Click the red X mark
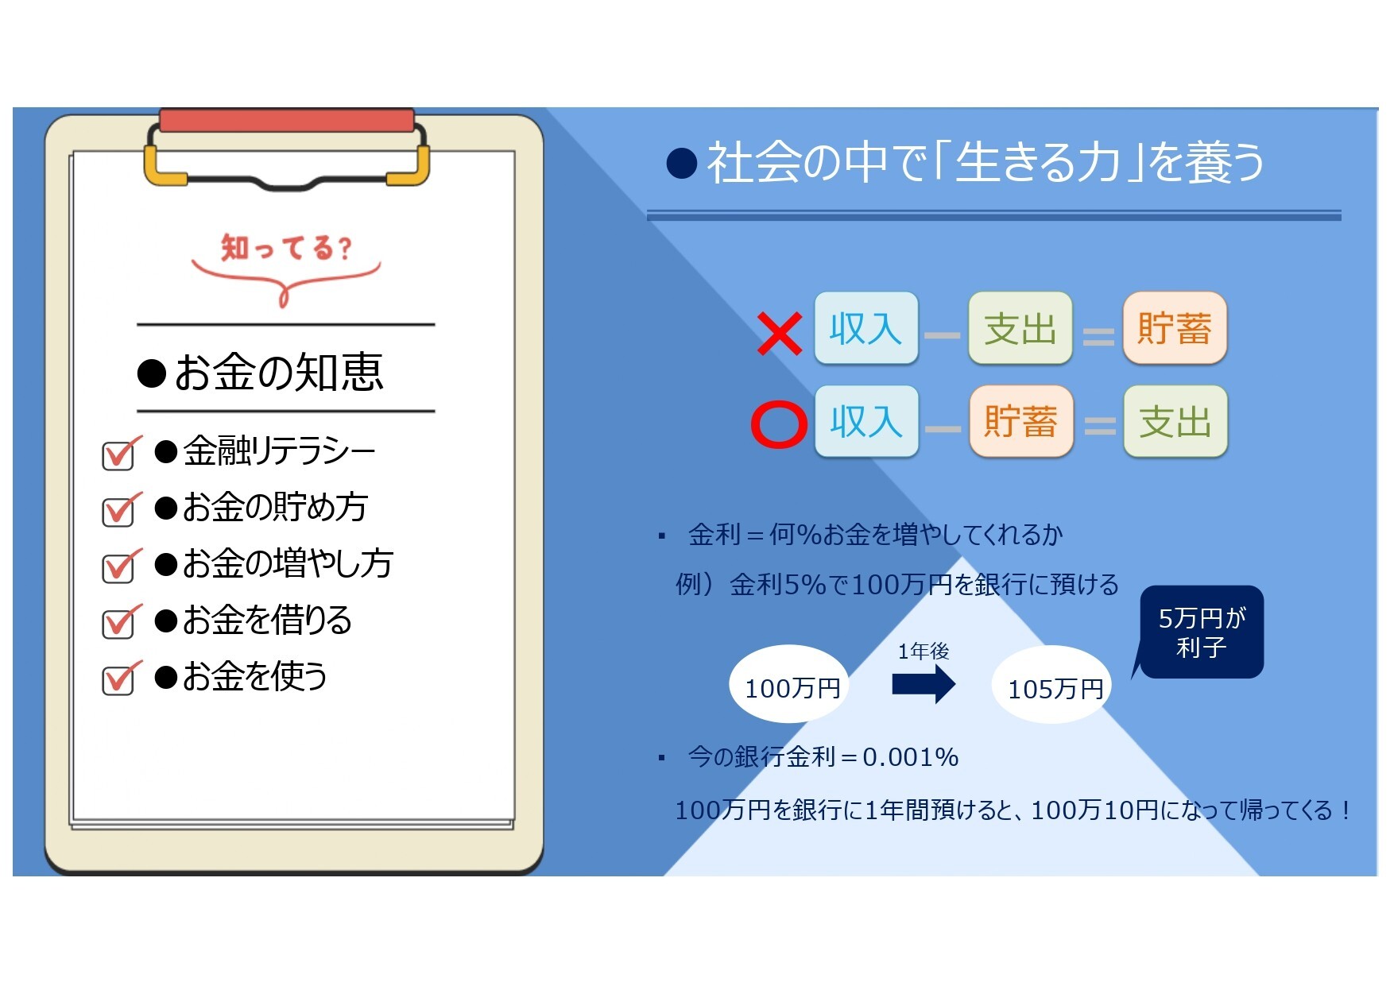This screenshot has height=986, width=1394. pyautogui.click(x=779, y=334)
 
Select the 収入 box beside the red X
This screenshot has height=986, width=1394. pyautogui.click(x=866, y=328)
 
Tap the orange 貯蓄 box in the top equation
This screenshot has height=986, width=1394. pyautogui.click(x=1175, y=328)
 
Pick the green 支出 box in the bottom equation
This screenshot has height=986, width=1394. pyautogui.click(x=1175, y=421)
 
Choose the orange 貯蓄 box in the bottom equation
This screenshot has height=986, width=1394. pyautogui.click(x=1021, y=421)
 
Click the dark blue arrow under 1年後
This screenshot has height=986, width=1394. pyautogui.click(x=924, y=684)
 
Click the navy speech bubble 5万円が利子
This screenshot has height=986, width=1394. pyautogui.click(x=1201, y=632)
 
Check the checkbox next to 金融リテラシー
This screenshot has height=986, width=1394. pyautogui.click(x=119, y=454)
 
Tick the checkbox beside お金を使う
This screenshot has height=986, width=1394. pyautogui.click(x=119, y=679)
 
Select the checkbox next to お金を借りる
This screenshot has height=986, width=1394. pyautogui.click(x=119, y=622)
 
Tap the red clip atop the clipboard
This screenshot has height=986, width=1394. pyautogui.click(x=287, y=121)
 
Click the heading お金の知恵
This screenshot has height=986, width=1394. pyautogui.click(x=261, y=372)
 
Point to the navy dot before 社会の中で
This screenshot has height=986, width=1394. pyautogui.click(x=682, y=163)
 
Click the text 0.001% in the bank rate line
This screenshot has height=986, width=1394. pyautogui.click(x=911, y=757)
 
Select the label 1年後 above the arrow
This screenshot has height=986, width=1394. pyautogui.click(x=924, y=652)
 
